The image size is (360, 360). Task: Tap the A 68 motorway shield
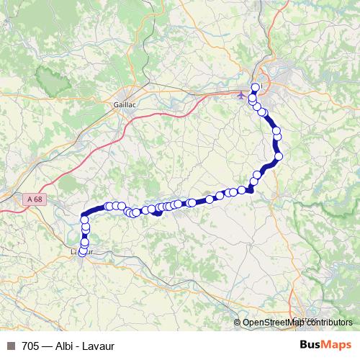click(x=30, y=199)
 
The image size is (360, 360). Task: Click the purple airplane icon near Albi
click(x=240, y=94)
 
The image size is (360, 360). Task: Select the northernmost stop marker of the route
click(x=254, y=87)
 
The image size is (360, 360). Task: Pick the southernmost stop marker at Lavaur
click(x=82, y=251)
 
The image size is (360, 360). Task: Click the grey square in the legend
click(x=10, y=345)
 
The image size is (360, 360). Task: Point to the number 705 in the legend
click(x=30, y=345)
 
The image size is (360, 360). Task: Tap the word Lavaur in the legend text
click(x=98, y=345)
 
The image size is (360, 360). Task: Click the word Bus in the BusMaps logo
click(x=312, y=344)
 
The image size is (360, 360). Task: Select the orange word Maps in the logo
click(x=338, y=344)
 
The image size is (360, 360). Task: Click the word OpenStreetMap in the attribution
click(x=271, y=323)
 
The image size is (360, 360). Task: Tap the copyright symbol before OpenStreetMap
click(x=237, y=323)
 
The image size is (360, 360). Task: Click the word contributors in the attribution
click(x=327, y=323)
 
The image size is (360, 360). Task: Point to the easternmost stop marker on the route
click(x=279, y=156)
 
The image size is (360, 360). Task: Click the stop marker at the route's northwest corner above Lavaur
click(x=85, y=219)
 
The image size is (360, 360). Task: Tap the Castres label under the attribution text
click(x=306, y=319)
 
